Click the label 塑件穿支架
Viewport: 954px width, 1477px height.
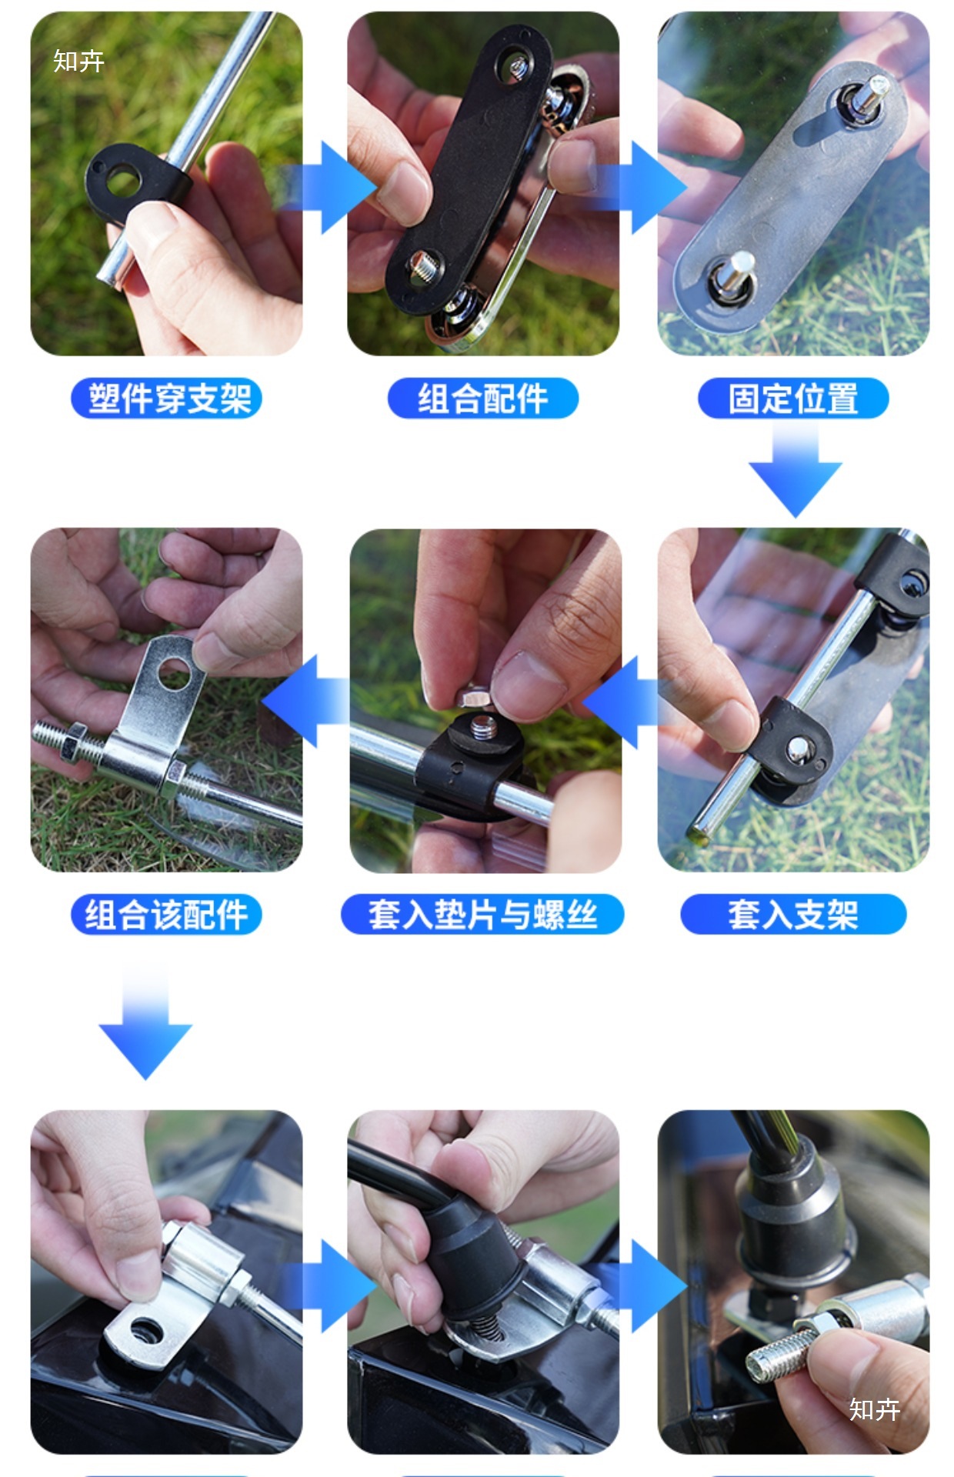pyautogui.click(x=167, y=398)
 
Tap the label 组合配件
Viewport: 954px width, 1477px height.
pyautogui.click(x=482, y=398)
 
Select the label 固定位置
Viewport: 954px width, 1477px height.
pyautogui.click(x=793, y=398)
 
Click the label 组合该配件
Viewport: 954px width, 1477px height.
pyautogui.click(x=167, y=915)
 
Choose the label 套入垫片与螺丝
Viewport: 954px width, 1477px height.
pyautogui.click(x=482, y=915)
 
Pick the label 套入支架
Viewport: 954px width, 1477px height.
pyautogui.click(x=793, y=915)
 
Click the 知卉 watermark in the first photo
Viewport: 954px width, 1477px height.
pyautogui.click(x=78, y=61)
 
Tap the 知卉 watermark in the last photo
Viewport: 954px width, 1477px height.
pyautogui.click(x=875, y=1409)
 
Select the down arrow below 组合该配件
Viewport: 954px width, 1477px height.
pyautogui.click(x=145, y=1022)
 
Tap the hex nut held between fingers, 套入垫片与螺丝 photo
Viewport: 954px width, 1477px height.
pyautogui.click(x=472, y=697)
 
